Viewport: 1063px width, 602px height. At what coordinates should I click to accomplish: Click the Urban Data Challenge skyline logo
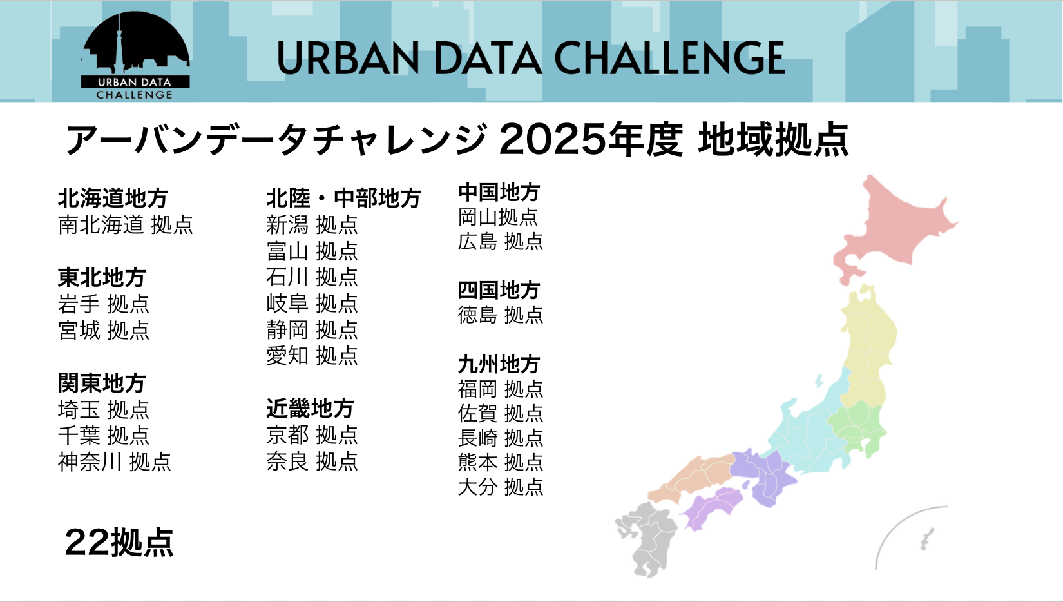pos(135,55)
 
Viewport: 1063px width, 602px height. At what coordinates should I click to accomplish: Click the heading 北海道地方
pos(113,199)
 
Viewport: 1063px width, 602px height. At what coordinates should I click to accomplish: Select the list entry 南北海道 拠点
pos(125,224)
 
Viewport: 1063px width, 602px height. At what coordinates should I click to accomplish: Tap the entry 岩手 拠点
pos(104,304)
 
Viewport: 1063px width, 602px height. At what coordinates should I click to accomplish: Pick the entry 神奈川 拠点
pos(115,461)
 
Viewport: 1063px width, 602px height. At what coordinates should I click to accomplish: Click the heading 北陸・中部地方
pos(343,199)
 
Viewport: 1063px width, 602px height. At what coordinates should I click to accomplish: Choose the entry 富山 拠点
pos(312,251)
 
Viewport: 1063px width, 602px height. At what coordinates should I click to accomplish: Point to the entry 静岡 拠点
pos(312,329)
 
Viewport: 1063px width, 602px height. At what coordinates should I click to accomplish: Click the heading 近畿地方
pos(311,408)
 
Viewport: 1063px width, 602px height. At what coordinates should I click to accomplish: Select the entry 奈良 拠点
pos(312,461)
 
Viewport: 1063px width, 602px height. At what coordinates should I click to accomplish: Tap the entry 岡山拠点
pos(498,217)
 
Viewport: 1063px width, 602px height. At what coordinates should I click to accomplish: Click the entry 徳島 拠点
pos(500,315)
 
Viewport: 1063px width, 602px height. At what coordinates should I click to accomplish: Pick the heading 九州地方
pos(499,365)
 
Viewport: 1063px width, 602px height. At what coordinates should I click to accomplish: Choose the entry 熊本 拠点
pos(500,462)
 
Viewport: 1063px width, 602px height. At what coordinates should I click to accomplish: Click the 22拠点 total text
pos(119,542)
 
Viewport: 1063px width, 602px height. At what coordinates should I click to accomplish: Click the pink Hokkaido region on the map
pos(892,228)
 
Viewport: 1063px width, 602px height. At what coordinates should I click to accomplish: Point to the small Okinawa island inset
pos(927,539)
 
